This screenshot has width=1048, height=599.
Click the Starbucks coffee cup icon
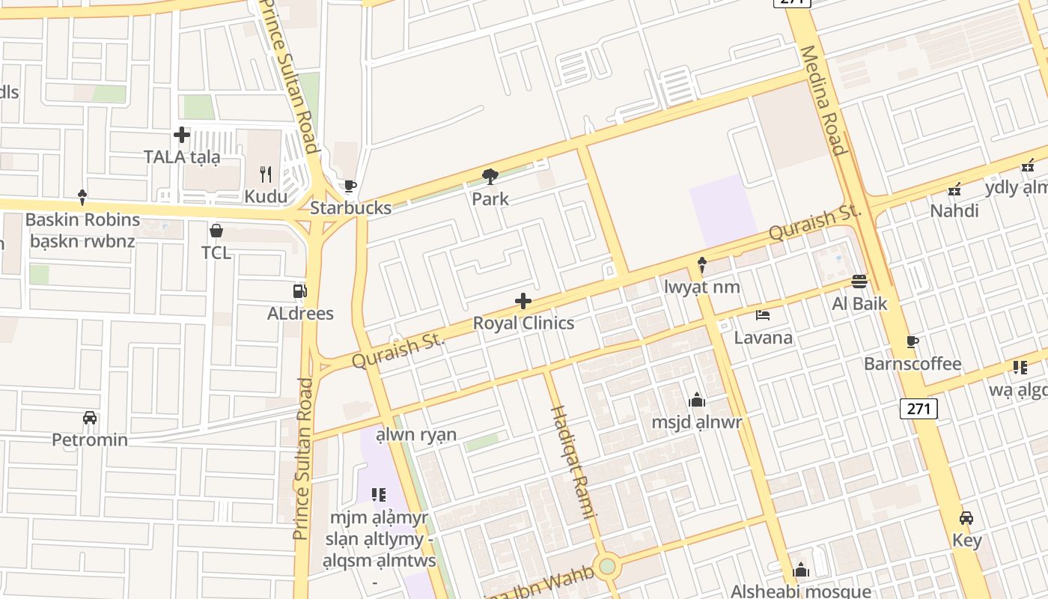[x=350, y=186]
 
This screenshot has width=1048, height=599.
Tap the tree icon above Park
[x=490, y=177]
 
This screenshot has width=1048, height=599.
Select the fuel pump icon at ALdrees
[x=299, y=291]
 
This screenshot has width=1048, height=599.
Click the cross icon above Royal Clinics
[x=523, y=302]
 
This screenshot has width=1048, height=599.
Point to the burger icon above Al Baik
[x=859, y=282]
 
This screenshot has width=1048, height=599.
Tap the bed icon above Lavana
[x=763, y=315]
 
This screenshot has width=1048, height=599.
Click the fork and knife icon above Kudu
[x=266, y=174]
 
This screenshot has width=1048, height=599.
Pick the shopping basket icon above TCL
[x=216, y=230]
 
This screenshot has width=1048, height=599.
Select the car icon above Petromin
[x=90, y=417]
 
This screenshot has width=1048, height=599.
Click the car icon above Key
[x=966, y=518]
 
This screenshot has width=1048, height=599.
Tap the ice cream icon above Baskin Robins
[x=82, y=198]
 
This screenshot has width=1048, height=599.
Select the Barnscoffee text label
[x=913, y=364]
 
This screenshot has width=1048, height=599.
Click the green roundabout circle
[x=607, y=566]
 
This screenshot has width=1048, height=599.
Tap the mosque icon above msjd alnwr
[x=697, y=400]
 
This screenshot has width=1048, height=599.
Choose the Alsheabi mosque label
[x=801, y=592]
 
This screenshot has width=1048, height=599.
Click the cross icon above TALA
[x=182, y=135]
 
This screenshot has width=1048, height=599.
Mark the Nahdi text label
[x=954, y=211]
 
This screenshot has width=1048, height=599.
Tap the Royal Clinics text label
[x=523, y=323]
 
